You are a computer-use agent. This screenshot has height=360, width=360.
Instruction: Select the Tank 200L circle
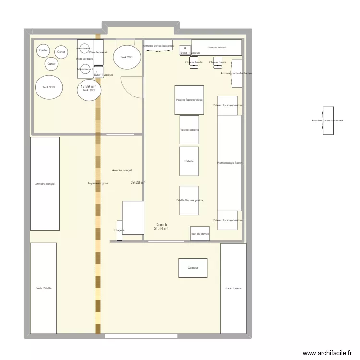pyautogui.click(x=127, y=57)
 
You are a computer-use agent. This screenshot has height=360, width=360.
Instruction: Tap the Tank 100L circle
pyautogui.click(x=89, y=90)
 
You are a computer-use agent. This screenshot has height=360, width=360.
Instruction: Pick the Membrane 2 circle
pyautogui.click(x=85, y=69)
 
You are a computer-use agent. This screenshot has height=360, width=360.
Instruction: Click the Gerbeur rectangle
pyautogui.click(x=193, y=268)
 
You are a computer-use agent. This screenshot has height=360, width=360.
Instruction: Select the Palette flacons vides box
pyautogui.click(x=189, y=100)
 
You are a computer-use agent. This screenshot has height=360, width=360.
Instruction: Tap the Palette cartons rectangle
pyautogui.click(x=189, y=130)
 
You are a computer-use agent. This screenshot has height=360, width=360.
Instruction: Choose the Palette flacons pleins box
pyautogui.click(x=189, y=200)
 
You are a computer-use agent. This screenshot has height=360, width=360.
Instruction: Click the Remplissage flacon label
pyautogui.click(x=230, y=163)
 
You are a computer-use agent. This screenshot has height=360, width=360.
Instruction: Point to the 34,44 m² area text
pyautogui.click(x=161, y=229)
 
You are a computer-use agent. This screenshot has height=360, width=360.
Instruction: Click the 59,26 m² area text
pyautogui.click(x=138, y=182)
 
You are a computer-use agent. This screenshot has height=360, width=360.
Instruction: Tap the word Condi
pyautogui.click(x=161, y=224)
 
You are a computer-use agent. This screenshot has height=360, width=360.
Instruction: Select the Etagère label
pyautogui.click(x=120, y=230)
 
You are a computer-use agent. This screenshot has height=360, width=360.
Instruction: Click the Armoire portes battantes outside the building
pyautogui.click(x=328, y=120)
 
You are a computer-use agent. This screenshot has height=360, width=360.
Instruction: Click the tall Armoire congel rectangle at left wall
pyautogui.click(x=45, y=183)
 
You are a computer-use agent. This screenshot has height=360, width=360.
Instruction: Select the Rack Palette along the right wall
pyautogui.click(x=233, y=288)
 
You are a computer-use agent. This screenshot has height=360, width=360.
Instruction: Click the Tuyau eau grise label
pyautogui.click(x=98, y=183)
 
